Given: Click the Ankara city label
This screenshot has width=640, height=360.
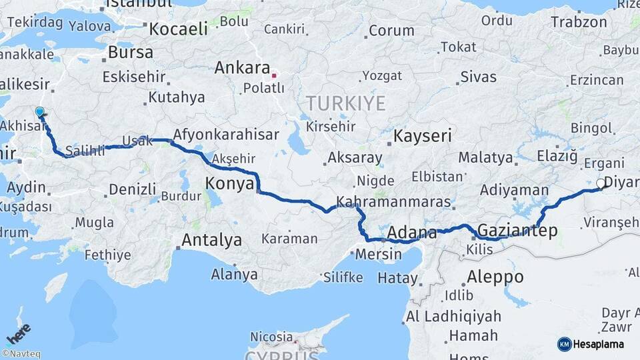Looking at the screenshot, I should [242, 67].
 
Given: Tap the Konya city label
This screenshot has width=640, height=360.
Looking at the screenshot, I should [230, 183].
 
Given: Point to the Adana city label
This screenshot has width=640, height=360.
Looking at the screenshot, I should [412, 233].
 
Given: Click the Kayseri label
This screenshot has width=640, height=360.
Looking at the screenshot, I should [423, 136].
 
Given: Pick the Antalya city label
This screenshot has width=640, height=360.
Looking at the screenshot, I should [211, 240].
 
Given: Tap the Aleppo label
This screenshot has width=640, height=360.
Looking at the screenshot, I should [495, 276].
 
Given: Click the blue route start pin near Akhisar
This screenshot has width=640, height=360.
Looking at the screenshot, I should [40, 113].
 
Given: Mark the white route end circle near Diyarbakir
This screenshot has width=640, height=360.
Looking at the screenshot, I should [601, 183].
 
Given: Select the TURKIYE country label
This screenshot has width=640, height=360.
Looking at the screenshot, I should [345, 103].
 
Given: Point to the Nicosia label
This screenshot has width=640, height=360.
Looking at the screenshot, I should [271, 337].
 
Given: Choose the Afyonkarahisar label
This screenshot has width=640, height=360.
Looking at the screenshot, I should [226, 135].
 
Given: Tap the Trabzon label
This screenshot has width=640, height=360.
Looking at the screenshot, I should [579, 22].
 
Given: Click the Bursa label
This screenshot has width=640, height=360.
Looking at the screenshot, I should [130, 52].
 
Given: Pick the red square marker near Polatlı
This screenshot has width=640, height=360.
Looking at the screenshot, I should [273, 75].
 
